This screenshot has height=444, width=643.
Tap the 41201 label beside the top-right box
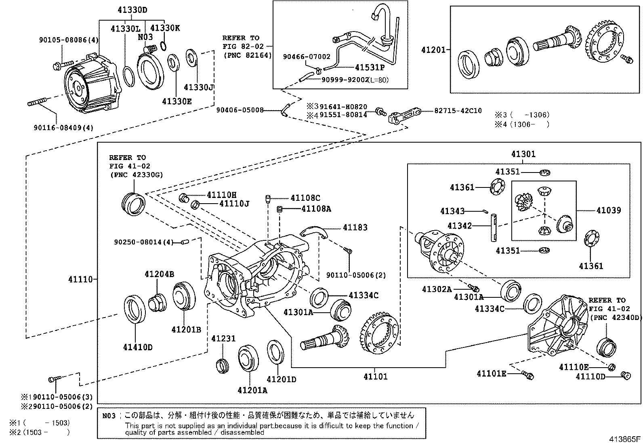433,50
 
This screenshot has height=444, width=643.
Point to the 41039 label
609,210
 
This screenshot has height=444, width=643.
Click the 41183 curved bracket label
355,227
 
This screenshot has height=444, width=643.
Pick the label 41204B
159,274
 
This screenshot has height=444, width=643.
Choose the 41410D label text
138,347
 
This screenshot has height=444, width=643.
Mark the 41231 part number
223,339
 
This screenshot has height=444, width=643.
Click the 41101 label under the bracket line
375,377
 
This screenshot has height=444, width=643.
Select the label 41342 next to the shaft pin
459,225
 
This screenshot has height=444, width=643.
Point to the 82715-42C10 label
458,110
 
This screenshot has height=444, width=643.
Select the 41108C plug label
305,198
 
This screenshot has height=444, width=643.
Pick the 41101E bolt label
491,374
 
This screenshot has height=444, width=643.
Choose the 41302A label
437,289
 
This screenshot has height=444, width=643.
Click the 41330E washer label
177,101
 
